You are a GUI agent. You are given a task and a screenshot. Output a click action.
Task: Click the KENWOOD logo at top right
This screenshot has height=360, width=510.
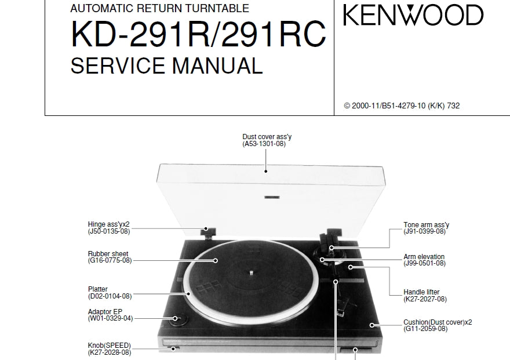tap(413, 16)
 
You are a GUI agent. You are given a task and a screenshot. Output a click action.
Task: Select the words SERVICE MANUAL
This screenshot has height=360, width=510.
tap(166, 66)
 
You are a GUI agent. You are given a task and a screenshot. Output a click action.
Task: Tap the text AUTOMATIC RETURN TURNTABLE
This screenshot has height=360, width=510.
tap(159, 9)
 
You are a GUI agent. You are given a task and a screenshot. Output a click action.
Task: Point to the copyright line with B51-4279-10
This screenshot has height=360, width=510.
tap(402, 106)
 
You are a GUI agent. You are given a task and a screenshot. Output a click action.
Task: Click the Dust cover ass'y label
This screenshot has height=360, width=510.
tap(267, 137)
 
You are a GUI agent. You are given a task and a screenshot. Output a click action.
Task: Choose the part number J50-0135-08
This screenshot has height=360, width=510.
tap(108, 231)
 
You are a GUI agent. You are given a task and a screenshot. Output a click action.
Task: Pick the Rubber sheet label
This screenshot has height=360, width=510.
tap(108, 254)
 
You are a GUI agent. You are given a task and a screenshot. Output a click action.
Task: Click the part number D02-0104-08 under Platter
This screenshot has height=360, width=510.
tap(110, 296)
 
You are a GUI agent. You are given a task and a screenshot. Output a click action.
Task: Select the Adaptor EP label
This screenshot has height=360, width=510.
tap(105, 311)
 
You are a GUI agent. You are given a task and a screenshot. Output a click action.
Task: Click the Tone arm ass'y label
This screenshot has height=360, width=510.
tap(426, 225)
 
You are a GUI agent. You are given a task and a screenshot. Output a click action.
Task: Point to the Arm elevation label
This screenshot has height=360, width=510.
tap(424, 257)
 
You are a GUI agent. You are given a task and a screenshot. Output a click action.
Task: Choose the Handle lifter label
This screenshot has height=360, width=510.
tap(421, 292)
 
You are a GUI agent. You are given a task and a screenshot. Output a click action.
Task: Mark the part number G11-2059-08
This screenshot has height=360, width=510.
tap(425, 329)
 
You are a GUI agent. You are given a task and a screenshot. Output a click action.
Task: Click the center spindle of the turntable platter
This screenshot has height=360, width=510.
tap(252, 270)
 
